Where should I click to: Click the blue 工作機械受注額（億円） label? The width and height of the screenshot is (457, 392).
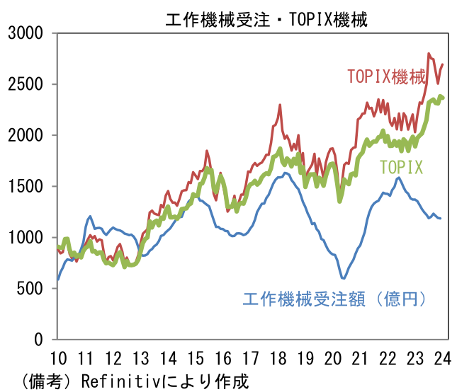(335, 299)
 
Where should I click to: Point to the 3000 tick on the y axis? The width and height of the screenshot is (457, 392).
(27, 33)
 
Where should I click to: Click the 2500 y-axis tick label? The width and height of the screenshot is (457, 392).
(27, 84)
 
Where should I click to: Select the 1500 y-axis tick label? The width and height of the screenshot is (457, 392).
(27, 186)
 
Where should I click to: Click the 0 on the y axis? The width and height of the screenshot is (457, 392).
(40, 339)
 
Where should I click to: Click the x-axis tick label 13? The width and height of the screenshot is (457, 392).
(140, 357)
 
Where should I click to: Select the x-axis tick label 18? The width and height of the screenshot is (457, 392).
(278, 357)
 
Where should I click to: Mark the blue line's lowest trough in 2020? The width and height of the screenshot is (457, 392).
(343, 279)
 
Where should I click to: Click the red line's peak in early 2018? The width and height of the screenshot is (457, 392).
(280, 105)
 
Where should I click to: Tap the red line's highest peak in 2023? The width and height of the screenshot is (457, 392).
(429, 54)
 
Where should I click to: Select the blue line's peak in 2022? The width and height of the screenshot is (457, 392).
(400, 178)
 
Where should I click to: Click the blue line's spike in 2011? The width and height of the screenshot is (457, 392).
(90, 217)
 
